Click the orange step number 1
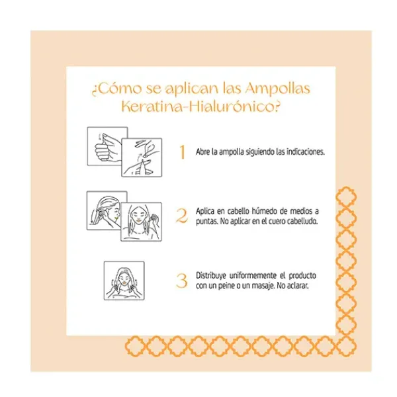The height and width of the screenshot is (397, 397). (x=182, y=152)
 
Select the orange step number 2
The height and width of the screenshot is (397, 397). (x=182, y=216)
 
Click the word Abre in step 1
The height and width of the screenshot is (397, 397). (x=202, y=152)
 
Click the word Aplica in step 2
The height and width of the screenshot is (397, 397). (x=206, y=210)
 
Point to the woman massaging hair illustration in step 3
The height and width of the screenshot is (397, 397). (x=124, y=279)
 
